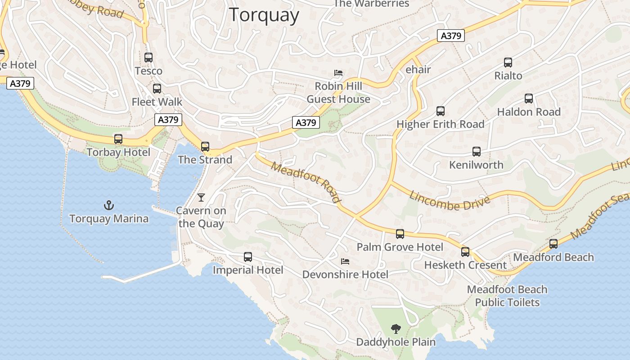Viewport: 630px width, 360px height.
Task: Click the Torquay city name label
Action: tap(264, 15)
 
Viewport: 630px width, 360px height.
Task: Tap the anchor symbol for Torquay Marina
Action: tap(108, 206)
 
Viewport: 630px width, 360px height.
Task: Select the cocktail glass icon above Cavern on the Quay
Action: tap(201, 197)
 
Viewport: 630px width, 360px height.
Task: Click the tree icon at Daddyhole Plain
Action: tap(396, 329)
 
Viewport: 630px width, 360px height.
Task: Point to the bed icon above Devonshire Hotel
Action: tap(345, 261)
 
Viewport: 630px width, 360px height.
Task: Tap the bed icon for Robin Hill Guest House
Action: tap(338, 72)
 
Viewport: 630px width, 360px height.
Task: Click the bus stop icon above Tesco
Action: tap(148, 58)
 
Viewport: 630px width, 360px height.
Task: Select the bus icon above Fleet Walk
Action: tap(157, 89)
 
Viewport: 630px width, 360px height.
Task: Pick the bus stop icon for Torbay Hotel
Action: tap(118, 139)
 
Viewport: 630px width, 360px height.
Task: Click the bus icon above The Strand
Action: tap(205, 146)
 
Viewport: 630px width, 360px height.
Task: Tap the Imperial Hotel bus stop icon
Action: tap(248, 257)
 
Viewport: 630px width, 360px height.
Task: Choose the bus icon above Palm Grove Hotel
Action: tap(400, 234)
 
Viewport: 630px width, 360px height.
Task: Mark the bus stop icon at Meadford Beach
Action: tap(553, 244)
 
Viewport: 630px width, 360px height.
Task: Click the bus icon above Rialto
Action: tap(508, 63)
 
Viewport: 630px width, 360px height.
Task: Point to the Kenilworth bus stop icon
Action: tap(477, 152)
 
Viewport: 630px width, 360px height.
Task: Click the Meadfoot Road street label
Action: tap(306, 182)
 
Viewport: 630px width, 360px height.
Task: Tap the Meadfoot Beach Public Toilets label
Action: tap(507, 296)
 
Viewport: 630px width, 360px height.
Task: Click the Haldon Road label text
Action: tap(529, 112)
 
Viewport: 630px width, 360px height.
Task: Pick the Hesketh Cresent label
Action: tap(465, 265)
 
